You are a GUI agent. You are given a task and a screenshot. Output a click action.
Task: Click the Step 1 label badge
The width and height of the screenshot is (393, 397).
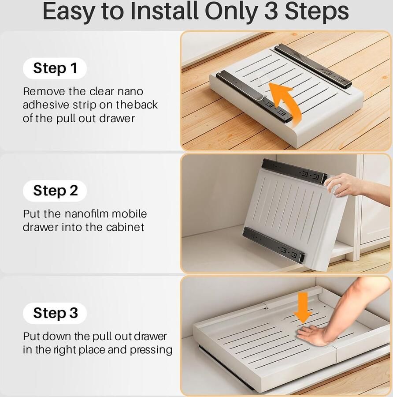(x=55, y=68)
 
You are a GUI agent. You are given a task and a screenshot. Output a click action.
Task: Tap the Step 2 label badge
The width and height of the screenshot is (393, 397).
(x=55, y=191)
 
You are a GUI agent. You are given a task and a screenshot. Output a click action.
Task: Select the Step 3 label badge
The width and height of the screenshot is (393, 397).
(x=55, y=313)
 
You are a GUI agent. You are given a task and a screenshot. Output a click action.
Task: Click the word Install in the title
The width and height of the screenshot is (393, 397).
(x=164, y=11)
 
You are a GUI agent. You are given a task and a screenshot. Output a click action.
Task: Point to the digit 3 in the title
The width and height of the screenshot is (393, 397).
(x=271, y=11)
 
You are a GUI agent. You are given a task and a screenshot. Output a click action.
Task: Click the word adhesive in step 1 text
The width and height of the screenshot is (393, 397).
(x=46, y=105)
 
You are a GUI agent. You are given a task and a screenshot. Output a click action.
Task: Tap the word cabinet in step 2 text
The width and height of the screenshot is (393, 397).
(x=125, y=227)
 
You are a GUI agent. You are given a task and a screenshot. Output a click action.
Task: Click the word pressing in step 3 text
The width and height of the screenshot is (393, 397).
(x=151, y=350)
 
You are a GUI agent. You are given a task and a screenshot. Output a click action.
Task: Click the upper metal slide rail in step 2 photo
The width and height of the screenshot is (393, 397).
(x=294, y=171)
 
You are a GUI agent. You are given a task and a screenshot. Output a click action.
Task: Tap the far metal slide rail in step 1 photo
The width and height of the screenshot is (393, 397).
(x=313, y=66)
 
